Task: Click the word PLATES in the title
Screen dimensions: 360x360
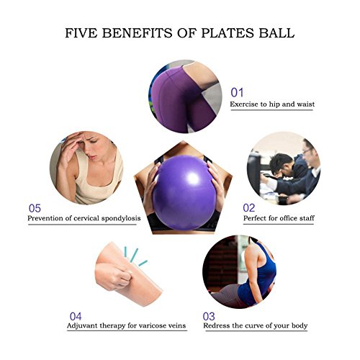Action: (x=228, y=33)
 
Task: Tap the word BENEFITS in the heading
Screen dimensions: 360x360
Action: (x=137, y=33)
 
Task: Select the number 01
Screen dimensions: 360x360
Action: (x=237, y=93)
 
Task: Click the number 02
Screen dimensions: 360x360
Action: (x=249, y=208)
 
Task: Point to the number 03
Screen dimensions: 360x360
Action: (x=209, y=317)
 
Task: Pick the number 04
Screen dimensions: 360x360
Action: (x=76, y=317)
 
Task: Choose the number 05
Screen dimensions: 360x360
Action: (x=35, y=208)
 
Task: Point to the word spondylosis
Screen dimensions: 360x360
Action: (x=121, y=219)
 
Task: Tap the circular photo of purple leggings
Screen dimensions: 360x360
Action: (x=185, y=96)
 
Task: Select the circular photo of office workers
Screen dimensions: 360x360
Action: (x=284, y=168)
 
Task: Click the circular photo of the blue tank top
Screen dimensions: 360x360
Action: (x=239, y=271)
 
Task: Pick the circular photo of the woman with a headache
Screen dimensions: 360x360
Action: (x=86, y=168)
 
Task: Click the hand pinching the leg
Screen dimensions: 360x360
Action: (x=114, y=276)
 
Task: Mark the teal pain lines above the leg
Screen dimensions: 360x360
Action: (x=135, y=257)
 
